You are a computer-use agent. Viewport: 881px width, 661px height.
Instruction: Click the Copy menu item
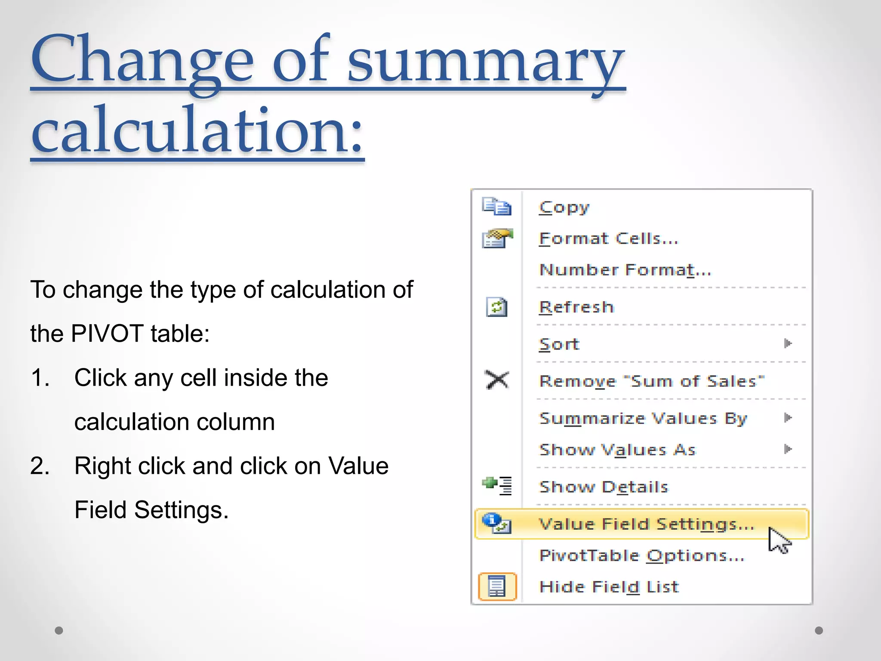point(564,207)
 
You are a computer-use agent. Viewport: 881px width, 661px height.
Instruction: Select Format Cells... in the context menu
point(608,239)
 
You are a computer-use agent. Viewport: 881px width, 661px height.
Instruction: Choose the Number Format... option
point(625,270)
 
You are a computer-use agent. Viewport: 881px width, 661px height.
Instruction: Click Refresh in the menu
point(576,307)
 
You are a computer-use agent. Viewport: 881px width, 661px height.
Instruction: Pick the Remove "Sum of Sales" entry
point(652,381)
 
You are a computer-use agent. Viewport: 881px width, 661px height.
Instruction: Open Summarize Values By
point(643,418)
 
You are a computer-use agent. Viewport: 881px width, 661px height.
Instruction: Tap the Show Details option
point(604,487)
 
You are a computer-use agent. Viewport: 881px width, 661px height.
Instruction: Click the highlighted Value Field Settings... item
point(646,524)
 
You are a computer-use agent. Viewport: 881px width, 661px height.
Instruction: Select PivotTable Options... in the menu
point(641,556)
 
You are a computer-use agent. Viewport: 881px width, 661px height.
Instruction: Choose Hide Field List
point(609,587)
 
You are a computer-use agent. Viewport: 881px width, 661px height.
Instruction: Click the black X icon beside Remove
point(497,380)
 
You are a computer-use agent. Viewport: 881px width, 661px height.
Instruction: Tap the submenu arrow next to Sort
point(788,343)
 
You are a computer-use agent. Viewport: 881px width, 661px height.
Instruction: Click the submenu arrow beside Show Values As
point(788,449)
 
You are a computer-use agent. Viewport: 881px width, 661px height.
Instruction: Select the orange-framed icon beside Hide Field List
point(497,587)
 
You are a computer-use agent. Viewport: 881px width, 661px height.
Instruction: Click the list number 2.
point(40,466)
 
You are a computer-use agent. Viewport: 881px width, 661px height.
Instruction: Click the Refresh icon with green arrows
point(497,307)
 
